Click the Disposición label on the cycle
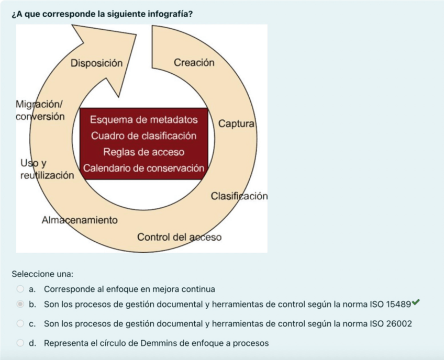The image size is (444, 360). pyautogui.click(x=96, y=63)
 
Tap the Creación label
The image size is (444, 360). pyautogui.click(x=194, y=62)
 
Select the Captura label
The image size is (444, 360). pyautogui.click(x=236, y=124)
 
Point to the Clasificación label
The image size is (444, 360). pyautogui.click(x=239, y=196)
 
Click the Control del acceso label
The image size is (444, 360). pyautogui.click(x=179, y=237)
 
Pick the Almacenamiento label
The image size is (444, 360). pyautogui.click(x=80, y=220)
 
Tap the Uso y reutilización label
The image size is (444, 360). pyautogui.click(x=47, y=170)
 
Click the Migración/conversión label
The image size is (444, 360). pyautogui.click(x=40, y=110)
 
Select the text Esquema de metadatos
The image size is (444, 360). pyautogui.click(x=144, y=120)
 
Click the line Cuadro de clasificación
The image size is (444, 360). pyautogui.click(x=144, y=136)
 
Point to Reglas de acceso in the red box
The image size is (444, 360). pyautogui.click(x=144, y=152)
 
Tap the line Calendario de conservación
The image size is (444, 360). pyautogui.click(x=143, y=168)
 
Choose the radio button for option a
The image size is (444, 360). pyautogui.click(x=20, y=289)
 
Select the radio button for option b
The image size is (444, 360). pyautogui.click(x=20, y=303)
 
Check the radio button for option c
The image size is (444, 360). pyautogui.click(x=20, y=324)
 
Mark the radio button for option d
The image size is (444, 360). pyautogui.click(x=20, y=343)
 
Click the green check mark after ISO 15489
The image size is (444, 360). pyautogui.click(x=416, y=302)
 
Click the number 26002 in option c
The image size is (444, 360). pyautogui.click(x=399, y=324)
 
